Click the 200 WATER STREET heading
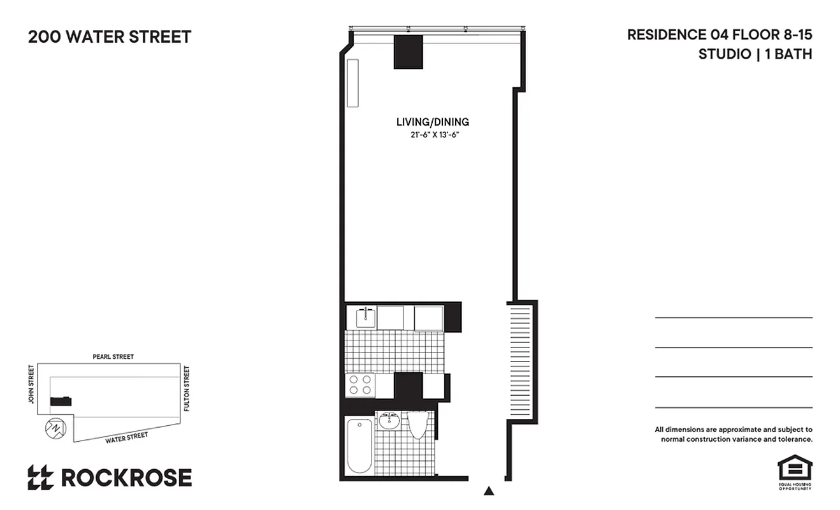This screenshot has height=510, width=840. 110,37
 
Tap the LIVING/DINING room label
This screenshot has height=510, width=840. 432,122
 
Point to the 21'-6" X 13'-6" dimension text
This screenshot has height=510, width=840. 435,135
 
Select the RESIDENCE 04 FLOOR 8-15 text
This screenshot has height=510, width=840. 720,35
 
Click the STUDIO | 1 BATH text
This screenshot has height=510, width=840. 755,54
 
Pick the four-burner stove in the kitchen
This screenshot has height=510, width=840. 360,385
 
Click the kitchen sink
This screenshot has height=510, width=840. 365,317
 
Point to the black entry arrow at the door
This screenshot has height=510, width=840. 489,490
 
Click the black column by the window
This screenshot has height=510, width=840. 408,52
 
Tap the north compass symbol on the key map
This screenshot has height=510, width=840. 55,428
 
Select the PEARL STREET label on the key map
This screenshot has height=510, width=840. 113,357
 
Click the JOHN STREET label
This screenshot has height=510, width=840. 31,384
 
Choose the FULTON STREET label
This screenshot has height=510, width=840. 187,388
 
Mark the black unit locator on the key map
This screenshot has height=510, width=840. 61,401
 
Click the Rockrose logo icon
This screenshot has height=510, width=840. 40,477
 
